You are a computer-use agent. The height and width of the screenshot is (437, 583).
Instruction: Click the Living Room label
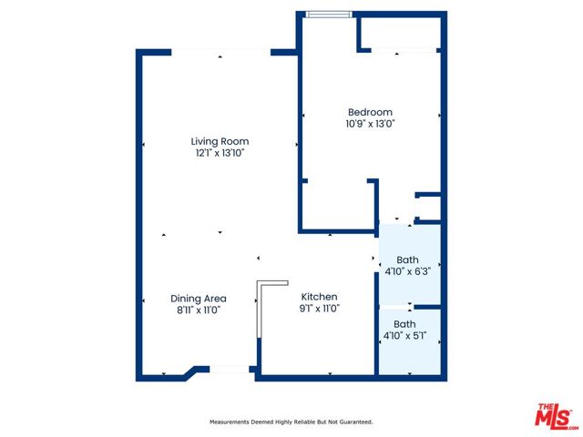pos(220,141)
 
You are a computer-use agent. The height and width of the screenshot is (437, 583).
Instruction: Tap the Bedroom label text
pos(370,112)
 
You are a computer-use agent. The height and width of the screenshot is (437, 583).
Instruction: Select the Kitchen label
pos(319,297)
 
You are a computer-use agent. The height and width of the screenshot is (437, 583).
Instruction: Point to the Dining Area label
pos(199,299)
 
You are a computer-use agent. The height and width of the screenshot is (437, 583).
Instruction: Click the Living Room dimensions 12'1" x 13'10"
pos(220,153)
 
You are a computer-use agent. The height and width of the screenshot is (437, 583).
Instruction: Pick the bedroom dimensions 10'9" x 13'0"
pos(370,124)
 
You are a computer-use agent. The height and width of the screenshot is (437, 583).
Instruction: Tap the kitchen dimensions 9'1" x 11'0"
pos(320,308)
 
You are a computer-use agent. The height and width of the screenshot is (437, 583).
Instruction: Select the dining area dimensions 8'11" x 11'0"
pos(199,310)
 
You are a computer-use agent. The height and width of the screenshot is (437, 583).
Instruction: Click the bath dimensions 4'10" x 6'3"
pos(407,271)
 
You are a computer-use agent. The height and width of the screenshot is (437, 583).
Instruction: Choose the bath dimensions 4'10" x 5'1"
pos(404,336)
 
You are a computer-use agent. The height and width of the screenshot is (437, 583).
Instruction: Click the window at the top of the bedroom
pos(328,15)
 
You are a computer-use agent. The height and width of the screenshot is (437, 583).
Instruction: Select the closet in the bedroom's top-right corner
pos(401,34)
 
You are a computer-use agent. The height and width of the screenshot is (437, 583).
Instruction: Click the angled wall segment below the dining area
pos(190,372)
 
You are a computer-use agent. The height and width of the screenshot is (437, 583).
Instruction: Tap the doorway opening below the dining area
pos(229,370)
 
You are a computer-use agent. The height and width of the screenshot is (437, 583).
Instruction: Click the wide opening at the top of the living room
pos(220,52)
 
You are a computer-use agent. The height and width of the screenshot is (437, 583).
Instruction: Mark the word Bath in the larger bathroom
pos(407,259)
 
